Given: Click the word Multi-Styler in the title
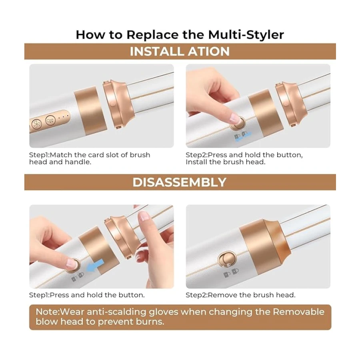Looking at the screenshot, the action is tap(246, 35).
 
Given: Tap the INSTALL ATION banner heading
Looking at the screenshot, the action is tap(180, 51).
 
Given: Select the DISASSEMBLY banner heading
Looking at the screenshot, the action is tap(180, 182).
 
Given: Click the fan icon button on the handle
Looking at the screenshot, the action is tap(36, 124).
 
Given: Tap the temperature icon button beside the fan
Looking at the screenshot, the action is tap(50, 120).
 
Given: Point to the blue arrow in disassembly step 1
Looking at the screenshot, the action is tap(94, 266).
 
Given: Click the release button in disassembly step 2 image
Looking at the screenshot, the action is tap(227, 259).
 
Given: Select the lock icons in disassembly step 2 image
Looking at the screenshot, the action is tap(231, 273).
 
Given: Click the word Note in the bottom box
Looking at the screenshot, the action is tap(47, 312).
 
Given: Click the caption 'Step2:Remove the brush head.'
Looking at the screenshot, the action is tap(240, 295).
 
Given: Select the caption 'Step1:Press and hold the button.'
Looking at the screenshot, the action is tap(87, 295).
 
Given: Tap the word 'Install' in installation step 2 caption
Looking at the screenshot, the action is tap(197, 162).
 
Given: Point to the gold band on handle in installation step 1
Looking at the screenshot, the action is tap(90, 111).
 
